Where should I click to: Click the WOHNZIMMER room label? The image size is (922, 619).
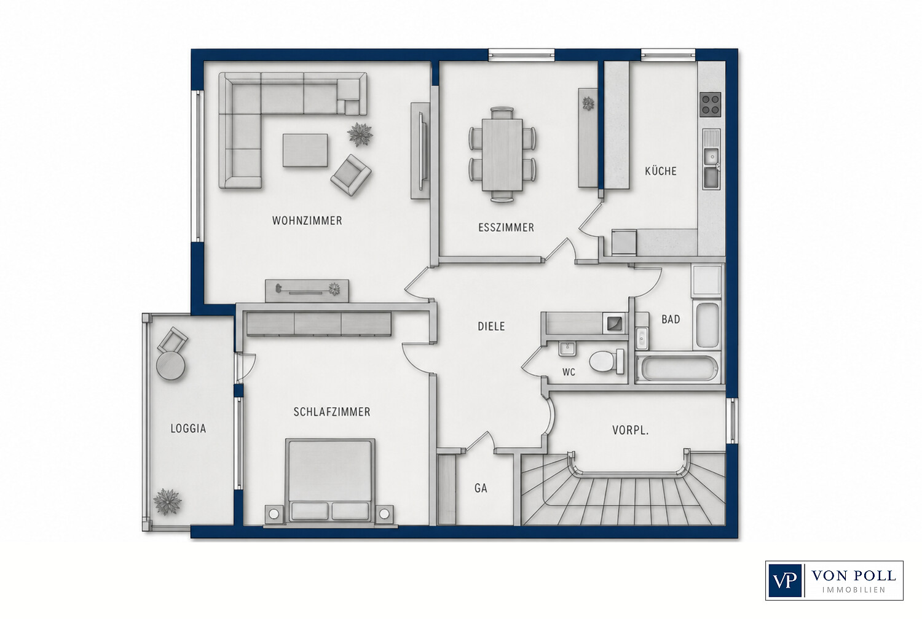(307, 221)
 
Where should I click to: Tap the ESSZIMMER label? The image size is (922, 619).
(506, 227)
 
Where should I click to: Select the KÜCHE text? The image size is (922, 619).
(661, 171)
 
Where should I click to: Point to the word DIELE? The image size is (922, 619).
(491, 327)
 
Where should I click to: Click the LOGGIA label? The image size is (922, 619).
(188, 429)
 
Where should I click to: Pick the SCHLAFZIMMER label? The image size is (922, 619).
(332, 411)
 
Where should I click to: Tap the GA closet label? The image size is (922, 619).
(481, 488)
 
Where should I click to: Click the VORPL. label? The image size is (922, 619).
(630, 430)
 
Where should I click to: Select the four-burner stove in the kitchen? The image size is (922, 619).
(711, 104)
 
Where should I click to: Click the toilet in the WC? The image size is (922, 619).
(606, 362)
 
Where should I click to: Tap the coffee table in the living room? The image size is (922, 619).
(305, 150)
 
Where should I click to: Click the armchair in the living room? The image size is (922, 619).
(351, 175)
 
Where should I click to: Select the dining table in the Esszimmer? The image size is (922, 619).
(502, 155)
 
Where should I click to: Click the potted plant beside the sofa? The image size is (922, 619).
(360, 134)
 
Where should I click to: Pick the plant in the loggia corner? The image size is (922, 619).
(167, 502)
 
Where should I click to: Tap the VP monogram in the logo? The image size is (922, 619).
(784, 580)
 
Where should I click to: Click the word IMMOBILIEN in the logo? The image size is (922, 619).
(854, 590)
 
